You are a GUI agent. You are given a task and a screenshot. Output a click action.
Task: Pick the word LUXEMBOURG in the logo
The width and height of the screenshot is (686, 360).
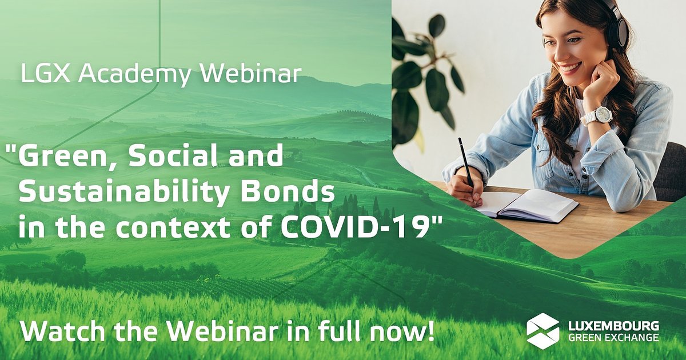coord(613,326)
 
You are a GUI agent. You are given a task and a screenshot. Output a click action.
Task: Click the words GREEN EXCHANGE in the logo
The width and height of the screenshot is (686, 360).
coord(613,337)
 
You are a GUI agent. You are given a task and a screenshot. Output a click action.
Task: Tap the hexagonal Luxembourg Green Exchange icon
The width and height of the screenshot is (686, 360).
coord(543,331)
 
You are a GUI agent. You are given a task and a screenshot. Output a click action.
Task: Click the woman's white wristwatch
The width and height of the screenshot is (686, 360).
coord(596,116)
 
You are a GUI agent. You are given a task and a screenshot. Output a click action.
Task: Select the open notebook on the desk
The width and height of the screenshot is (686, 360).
coord(529,204)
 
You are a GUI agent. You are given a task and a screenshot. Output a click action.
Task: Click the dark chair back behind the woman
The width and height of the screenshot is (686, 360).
coord(670,171)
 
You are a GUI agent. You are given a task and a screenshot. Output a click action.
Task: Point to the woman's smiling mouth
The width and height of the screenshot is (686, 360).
coord(570,67)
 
